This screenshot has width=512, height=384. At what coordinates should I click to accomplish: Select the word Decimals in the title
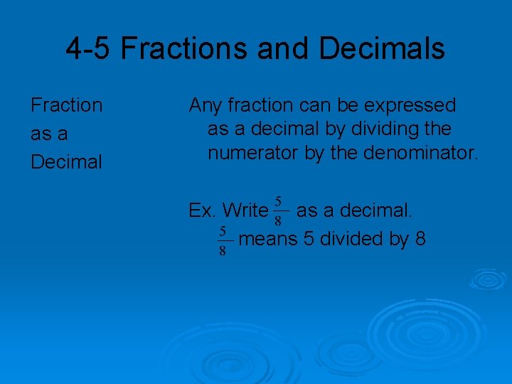coord(382,49)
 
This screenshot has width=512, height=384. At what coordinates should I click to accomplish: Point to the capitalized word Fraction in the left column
coord(66,105)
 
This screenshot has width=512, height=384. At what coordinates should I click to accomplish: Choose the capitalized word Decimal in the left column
coord(66,162)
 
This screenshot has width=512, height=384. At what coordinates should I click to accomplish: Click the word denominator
coord(419,152)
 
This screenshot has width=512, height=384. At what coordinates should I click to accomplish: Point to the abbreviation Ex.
coord(202,210)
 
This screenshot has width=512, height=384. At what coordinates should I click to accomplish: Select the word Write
coord(245,210)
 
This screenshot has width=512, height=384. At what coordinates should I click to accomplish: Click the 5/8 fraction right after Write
coord(279,210)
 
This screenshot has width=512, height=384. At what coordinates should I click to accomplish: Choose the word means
coord(268,239)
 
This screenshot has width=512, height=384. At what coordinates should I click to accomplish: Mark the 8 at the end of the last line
coord(420,239)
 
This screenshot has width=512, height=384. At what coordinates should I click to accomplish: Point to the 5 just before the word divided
coord(309,239)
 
